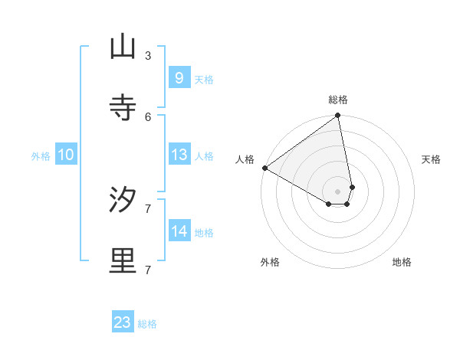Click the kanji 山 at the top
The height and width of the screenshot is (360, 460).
[x=123, y=47]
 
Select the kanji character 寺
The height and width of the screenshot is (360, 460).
[x=123, y=108]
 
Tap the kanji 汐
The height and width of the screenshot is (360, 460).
[x=123, y=200]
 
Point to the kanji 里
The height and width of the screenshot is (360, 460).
[x=123, y=261]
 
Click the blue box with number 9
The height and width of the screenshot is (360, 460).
[x=179, y=77]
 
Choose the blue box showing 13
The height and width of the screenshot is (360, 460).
[x=179, y=154]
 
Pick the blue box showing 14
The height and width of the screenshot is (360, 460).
[x=179, y=231]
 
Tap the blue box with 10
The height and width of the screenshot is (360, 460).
[x=66, y=155]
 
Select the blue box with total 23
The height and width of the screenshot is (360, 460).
[x=123, y=322]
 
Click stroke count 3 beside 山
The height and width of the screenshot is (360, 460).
[x=147, y=55]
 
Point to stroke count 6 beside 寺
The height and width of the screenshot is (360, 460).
[x=147, y=116]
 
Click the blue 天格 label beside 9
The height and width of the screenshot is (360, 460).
[x=204, y=79]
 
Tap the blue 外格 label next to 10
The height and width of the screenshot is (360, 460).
[x=41, y=155]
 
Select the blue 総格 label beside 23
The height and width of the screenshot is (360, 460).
[x=147, y=324]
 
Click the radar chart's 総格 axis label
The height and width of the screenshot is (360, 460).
[x=338, y=100]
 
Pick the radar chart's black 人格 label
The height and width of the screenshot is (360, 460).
[x=245, y=159]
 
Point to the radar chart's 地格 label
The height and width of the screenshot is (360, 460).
[x=402, y=262]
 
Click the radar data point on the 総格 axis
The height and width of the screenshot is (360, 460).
[x=338, y=116]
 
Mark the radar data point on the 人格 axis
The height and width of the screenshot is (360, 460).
[x=264, y=168]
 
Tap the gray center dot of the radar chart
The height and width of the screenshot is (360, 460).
[x=338, y=191]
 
